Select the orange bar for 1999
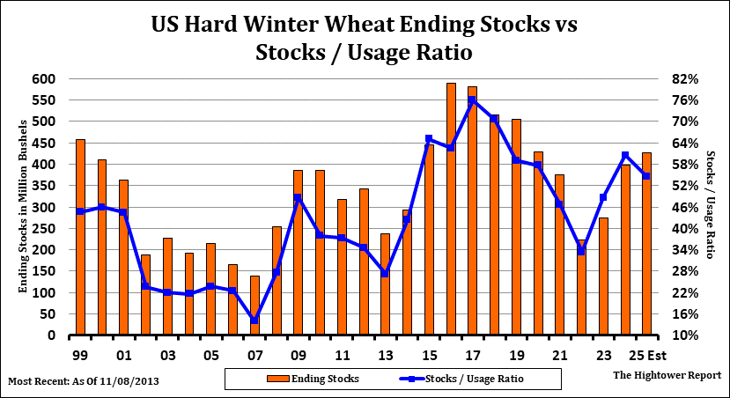pyautogui.click(x=80, y=238)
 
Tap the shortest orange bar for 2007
pyautogui.click(x=254, y=306)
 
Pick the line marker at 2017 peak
pyautogui.click(x=472, y=99)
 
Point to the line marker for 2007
pyautogui.click(x=254, y=321)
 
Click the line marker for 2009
pyautogui.click(x=298, y=197)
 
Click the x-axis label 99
pyautogui.click(x=80, y=356)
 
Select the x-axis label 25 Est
pyautogui.click(x=645, y=356)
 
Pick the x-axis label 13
pyautogui.click(x=385, y=356)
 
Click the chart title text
pyautogui.click(x=364, y=38)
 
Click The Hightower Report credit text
pyautogui.click(x=666, y=374)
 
